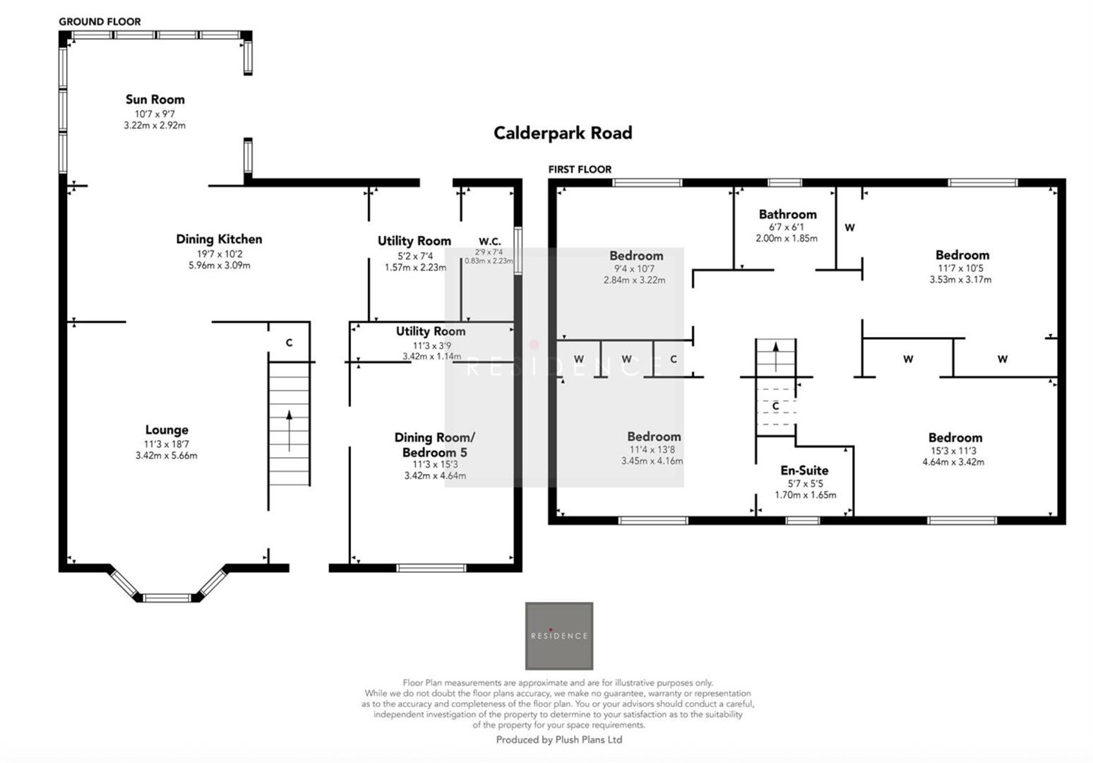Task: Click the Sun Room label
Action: pyautogui.click(x=155, y=100)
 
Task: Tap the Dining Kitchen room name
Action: pyautogui.click(x=219, y=239)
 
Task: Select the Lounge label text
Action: pyautogui.click(x=167, y=430)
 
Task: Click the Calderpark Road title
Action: pyautogui.click(x=562, y=133)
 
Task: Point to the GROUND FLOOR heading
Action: pyautogui.click(x=100, y=22)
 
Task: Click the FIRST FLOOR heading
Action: pyautogui.click(x=580, y=170)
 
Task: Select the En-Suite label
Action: pyautogui.click(x=804, y=471)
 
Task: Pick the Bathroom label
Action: pyautogui.click(x=787, y=214)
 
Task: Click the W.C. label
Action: pyautogui.click(x=489, y=242)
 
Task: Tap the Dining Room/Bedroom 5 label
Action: pyautogui.click(x=434, y=445)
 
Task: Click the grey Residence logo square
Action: pyautogui.click(x=559, y=636)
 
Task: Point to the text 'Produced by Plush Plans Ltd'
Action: pyautogui.click(x=559, y=740)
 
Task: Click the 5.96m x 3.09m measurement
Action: pyautogui.click(x=219, y=266)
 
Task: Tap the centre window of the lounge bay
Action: pyautogui.click(x=167, y=598)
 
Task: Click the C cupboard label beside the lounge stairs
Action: pyautogui.click(x=289, y=343)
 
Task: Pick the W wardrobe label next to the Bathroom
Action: pyautogui.click(x=849, y=227)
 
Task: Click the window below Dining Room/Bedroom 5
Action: pyautogui.click(x=431, y=568)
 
